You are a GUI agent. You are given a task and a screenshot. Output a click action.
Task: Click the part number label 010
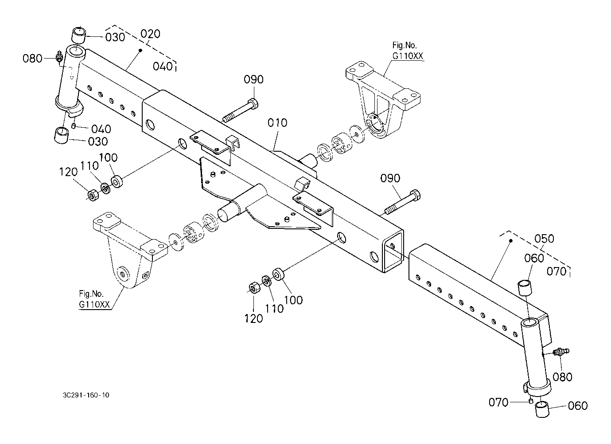click(277, 123)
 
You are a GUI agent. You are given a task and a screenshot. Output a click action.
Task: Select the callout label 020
click(150, 34)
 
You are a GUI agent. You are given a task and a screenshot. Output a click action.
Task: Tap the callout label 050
click(544, 239)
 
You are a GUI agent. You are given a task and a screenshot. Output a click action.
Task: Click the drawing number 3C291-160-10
click(86, 395)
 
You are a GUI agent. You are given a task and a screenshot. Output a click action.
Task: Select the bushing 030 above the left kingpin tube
click(79, 35)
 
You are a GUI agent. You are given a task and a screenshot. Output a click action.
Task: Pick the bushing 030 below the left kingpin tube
click(62, 135)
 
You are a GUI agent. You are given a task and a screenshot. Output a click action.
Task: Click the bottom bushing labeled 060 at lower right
click(542, 409)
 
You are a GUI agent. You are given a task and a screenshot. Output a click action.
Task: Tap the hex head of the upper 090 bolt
click(253, 104)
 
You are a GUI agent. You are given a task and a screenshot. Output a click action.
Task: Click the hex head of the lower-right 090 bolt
click(415, 195)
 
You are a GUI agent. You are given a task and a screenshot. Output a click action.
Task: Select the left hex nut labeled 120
click(93, 195)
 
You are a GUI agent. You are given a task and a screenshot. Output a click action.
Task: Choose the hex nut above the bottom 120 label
click(255, 288)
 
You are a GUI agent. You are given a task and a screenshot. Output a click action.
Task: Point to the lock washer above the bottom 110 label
click(266, 281)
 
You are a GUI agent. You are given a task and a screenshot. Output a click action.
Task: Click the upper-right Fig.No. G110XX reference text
click(408, 51)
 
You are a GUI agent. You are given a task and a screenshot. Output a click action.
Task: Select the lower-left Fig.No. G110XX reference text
click(94, 299)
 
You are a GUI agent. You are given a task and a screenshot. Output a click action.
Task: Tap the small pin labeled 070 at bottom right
click(531, 401)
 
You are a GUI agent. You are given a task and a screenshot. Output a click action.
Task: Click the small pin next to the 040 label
click(73, 126)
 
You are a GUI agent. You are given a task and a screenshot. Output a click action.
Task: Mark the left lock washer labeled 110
click(105, 189)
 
